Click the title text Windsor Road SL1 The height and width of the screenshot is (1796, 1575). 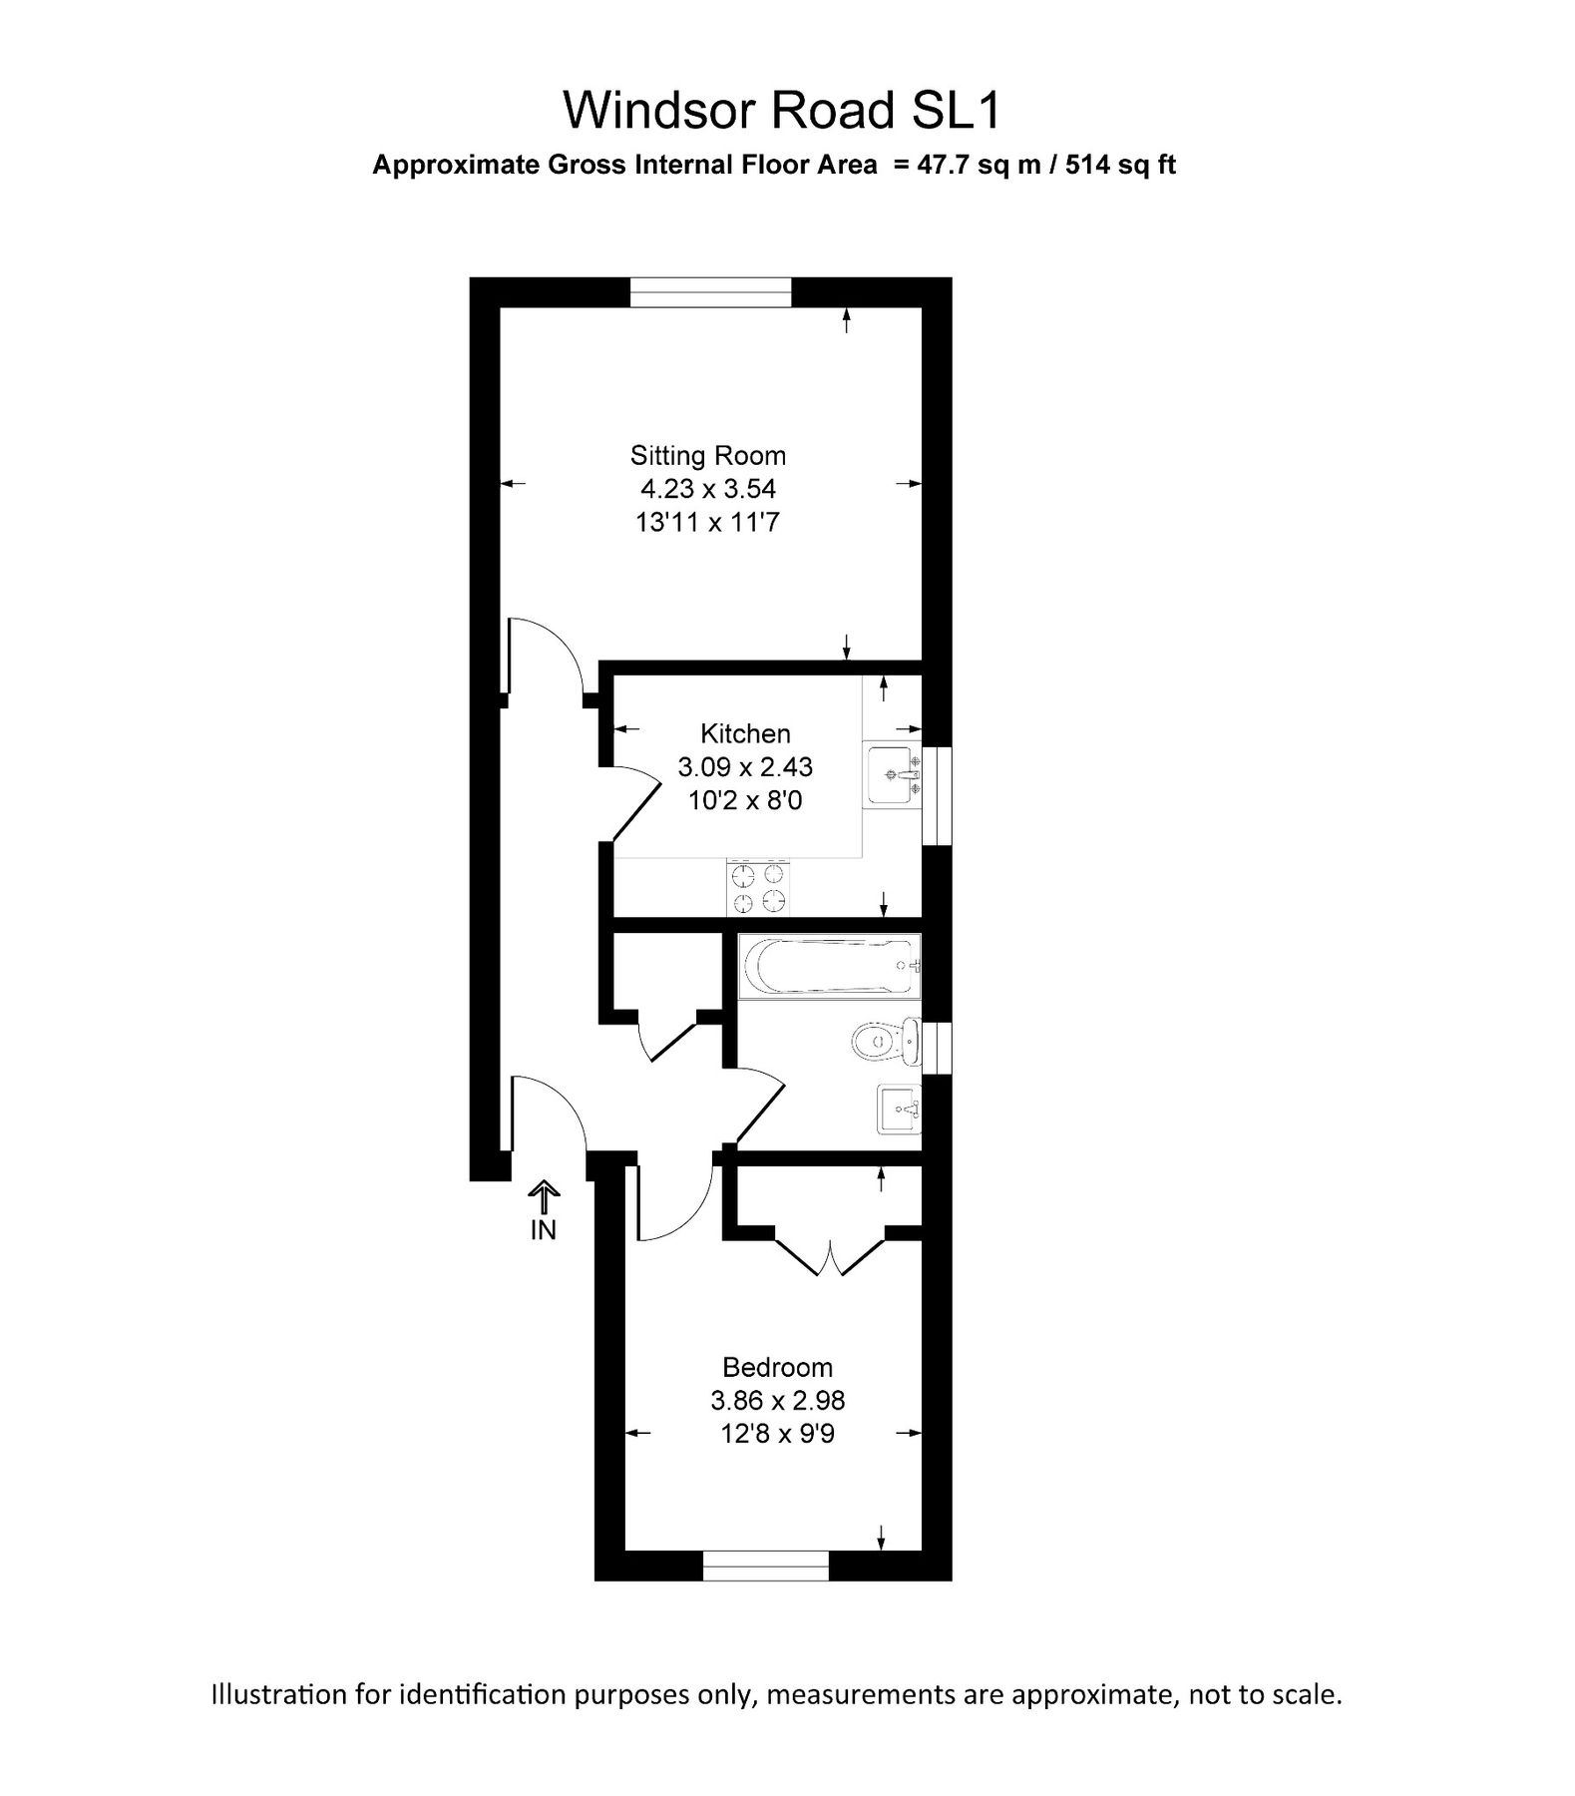tap(781, 111)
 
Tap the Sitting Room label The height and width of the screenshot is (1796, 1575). tap(707, 456)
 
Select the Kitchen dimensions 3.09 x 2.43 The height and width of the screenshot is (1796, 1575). tap(745, 766)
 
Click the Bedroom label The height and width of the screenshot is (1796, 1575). tap(777, 1367)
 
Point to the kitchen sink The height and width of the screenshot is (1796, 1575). tap(892, 774)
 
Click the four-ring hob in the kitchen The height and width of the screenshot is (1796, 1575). tap(758, 888)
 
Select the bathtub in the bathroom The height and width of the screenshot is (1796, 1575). tap(828, 966)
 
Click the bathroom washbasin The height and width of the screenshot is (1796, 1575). tap(899, 1110)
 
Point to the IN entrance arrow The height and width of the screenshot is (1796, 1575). tap(544, 1194)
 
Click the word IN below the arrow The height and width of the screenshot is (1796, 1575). tap(544, 1230)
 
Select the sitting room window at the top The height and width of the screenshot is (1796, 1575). tap(710, 292)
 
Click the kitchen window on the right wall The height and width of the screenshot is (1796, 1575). tap(937, 795)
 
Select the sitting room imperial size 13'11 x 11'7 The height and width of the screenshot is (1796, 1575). tap(707, 522)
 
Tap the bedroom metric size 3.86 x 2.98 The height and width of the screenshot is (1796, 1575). tap(777, 1400)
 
